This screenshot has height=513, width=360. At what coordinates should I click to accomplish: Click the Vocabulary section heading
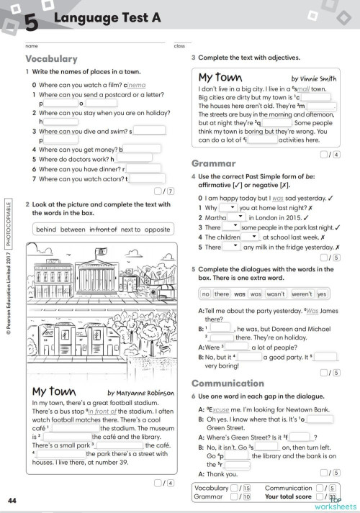pyautogui.click(x=51, y=59)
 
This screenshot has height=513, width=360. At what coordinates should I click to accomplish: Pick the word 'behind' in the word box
pyautogui.click(x=48, y=230)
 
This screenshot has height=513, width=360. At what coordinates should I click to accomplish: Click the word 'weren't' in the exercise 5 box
pyautogui.click(x=300, y=294)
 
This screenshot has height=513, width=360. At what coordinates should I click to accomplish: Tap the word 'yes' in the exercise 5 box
pyautogui.click(x=323, y=294)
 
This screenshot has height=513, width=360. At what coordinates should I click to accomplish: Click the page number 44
pyautogui.click(x=12, y=500)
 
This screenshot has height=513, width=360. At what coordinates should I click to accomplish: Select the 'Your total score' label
pyautogui.click(x=288, y=496)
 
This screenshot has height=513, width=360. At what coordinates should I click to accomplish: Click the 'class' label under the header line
pyautogui.click(x=179, y=46)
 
